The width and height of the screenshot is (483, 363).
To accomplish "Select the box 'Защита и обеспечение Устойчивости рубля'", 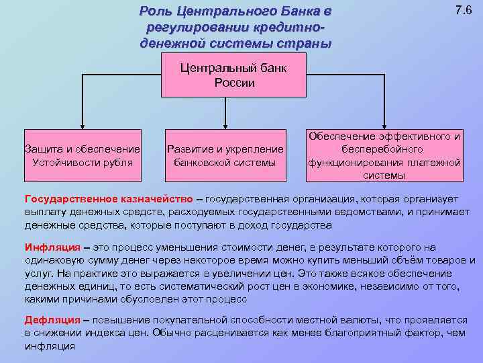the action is tap(82, 155).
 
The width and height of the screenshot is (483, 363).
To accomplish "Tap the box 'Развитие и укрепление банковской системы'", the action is tap(225, 155).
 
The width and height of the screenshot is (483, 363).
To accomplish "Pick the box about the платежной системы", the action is tap(384, 155).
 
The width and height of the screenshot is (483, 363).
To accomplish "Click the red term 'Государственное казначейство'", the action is tap(108, 200).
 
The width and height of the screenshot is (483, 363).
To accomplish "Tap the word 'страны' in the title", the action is tap(306, 44).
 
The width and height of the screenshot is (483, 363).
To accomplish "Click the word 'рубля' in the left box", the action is tap(117, 163).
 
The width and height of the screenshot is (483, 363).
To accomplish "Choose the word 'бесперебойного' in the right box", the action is tap(384, 149).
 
